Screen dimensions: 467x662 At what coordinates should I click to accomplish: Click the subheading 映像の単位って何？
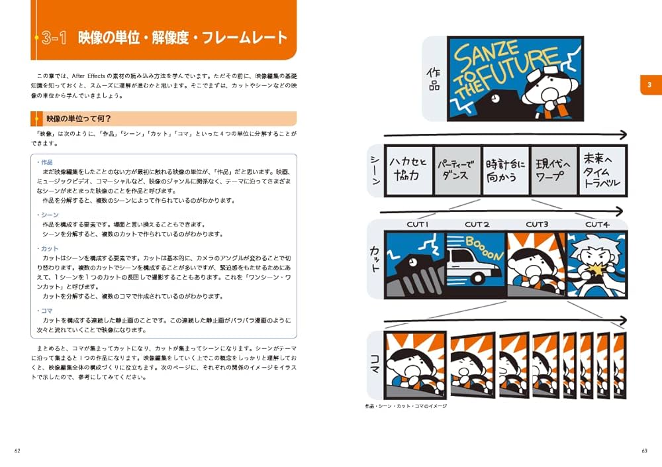(x=79, y=119)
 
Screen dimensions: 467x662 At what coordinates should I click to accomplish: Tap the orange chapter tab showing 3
(x=649, y=85)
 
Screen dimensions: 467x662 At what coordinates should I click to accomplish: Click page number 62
(x=18, y=451)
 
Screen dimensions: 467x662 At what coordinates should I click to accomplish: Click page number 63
(x=643, y=451)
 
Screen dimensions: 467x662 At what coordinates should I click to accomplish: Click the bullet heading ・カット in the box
(x=49, y=248)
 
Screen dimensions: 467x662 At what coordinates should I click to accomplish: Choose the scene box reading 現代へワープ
(x=554, y=170)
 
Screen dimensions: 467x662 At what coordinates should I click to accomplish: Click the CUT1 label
(x=418, y=225)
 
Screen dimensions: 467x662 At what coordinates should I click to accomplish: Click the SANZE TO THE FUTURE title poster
(x=515, y=78)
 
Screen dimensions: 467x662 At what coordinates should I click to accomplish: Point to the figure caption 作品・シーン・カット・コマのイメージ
(x=406, y=406)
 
